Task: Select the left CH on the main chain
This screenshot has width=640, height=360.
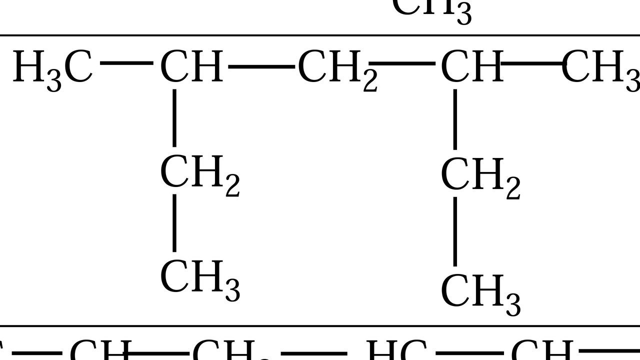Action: pyautogui.click(x=191, y=66)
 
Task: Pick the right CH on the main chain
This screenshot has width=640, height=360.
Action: pyautogui.click(x=471, y=66)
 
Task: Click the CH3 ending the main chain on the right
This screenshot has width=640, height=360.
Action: pyautogui.click(x=600, y=67)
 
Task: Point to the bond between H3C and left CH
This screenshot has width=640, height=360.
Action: pyautogui.click(x=126, y=63)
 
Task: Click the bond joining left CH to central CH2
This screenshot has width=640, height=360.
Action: pyautogui.click(x=261, y=65)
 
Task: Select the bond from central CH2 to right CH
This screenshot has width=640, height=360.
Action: pyautogui.click(x=402, y=64)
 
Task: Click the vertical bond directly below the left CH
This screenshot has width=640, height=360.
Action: pyautogui.click(x=174, y=118)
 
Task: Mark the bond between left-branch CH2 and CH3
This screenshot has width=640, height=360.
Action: pyautogui.click(x=174, y=223)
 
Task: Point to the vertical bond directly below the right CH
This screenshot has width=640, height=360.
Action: pyautogui.click(x=454, y=119)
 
